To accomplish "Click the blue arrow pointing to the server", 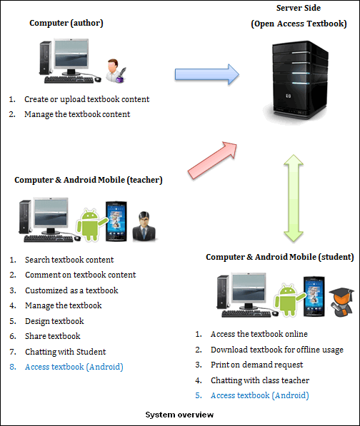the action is (x=207, y=74).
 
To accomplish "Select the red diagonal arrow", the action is (x=212, y=161).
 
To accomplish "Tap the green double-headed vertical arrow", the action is (x=294, y=198).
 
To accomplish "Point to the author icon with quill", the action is (x=116, y=71).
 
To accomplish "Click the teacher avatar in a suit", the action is (x=144, y=226).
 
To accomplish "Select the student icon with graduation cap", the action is (x=341, y=302).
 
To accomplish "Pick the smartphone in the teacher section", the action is (x=116, y=221).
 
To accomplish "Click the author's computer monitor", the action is (x=71, y=56).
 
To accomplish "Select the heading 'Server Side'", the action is (x=299, y=8).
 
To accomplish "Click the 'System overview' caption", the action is (x=179, y=415).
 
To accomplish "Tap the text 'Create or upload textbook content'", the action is (x=86, y=99).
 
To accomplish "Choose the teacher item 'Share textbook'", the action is (x=53, y=336).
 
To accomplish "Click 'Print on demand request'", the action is (x=256, y=365).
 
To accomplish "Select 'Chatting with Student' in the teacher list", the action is (x=65, y=352).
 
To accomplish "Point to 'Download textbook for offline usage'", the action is (x=277, y=350).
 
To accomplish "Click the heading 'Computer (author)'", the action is (x=66, y=23).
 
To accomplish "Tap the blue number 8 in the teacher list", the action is (x=13, y=367).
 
